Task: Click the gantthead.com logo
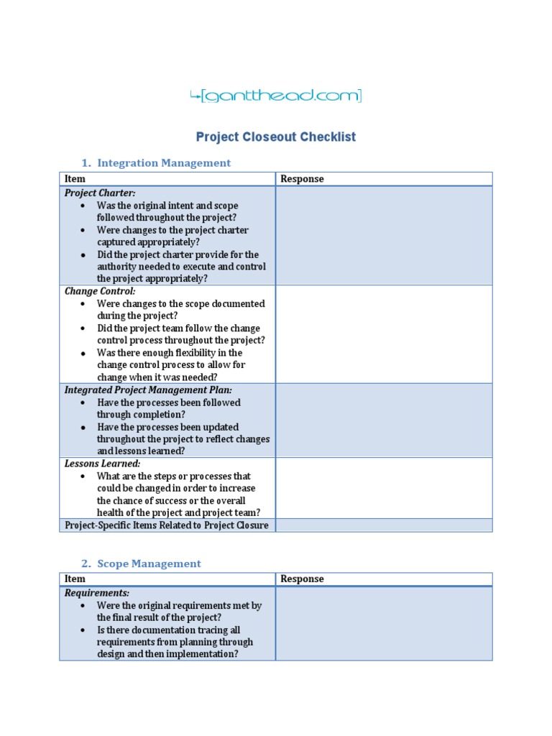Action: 276,96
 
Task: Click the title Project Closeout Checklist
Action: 276,137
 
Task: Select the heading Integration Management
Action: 164,163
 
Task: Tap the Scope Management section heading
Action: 149,563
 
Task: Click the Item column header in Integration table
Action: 75,179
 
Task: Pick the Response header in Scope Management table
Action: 302,579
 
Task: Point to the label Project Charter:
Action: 100,193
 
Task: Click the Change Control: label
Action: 100,292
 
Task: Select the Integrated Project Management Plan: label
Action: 148,390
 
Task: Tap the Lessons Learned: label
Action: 103,464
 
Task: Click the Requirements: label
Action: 97,593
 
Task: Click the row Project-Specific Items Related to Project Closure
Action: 167,525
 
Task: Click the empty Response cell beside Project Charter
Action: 384,236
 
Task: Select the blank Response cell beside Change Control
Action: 384,334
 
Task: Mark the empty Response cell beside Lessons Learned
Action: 384,488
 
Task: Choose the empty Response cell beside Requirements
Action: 384,623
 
